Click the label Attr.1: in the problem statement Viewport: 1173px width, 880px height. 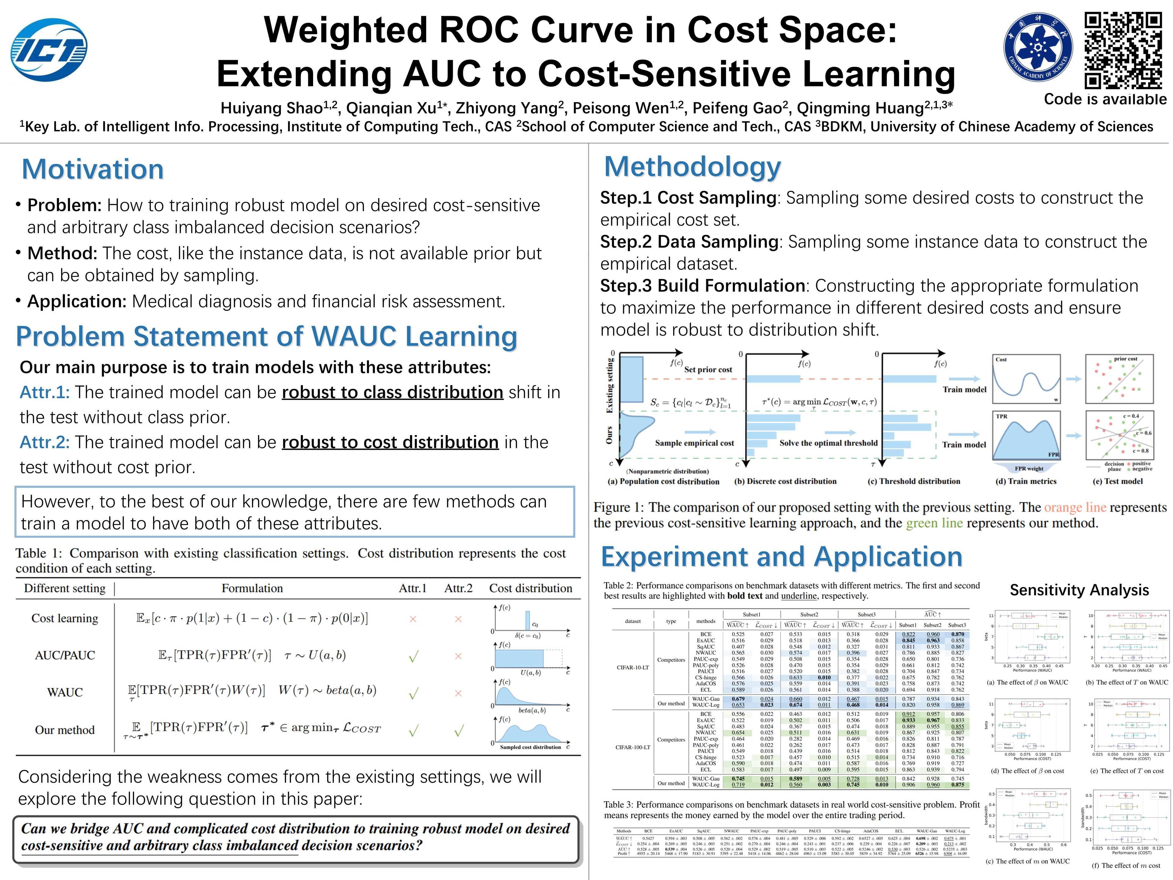pos(45,393)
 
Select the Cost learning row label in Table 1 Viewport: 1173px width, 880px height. pos(65,618)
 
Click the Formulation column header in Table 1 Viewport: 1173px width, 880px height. pos(252,588)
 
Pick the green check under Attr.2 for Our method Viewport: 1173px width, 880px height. pos(459,731)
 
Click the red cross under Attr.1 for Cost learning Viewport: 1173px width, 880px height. pos(413,619)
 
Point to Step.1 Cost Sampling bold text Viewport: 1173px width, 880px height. pos(688,198)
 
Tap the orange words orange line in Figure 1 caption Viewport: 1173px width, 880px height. pos(1075,508)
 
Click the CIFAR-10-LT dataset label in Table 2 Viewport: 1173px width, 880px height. pos(633,667)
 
